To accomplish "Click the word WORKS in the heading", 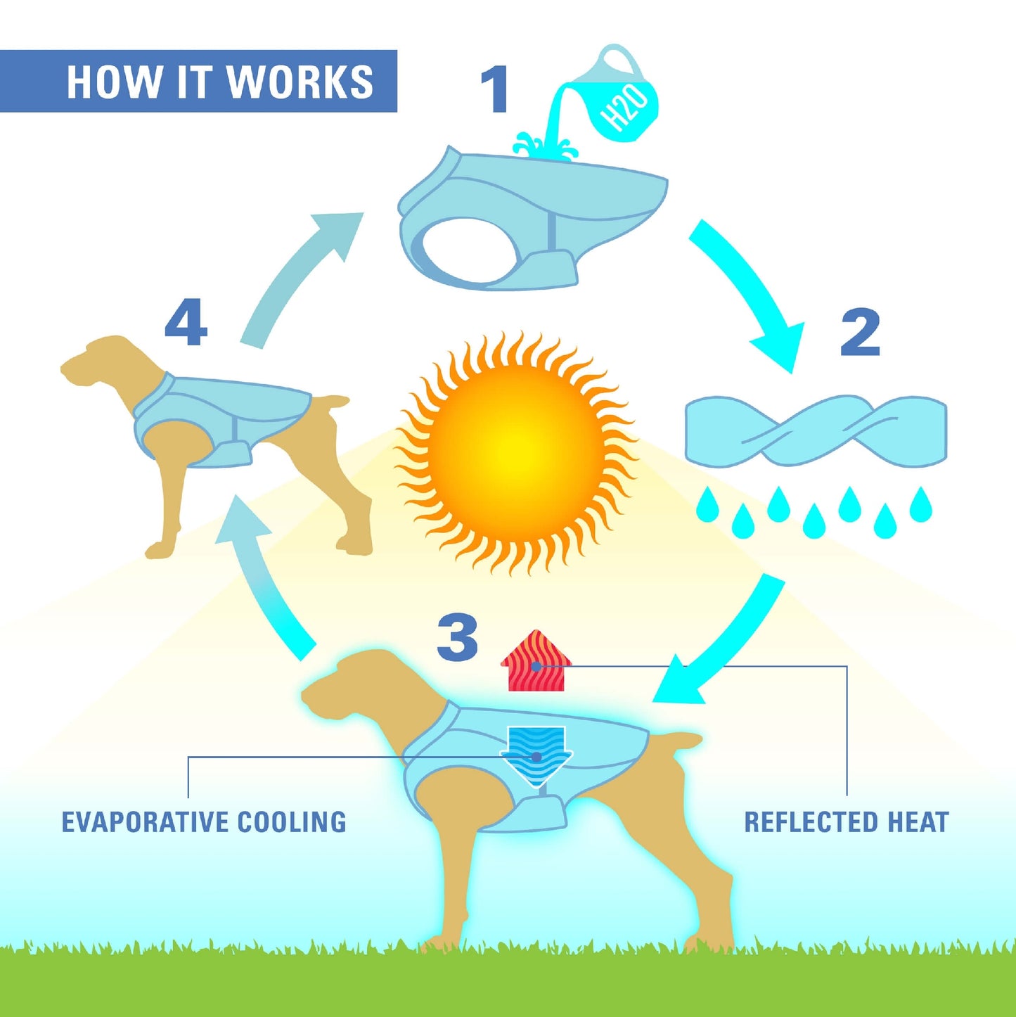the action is [300, 82].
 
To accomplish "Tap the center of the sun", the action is [515, 453].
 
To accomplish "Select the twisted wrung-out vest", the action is [816, 431].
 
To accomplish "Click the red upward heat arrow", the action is [536, 660].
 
